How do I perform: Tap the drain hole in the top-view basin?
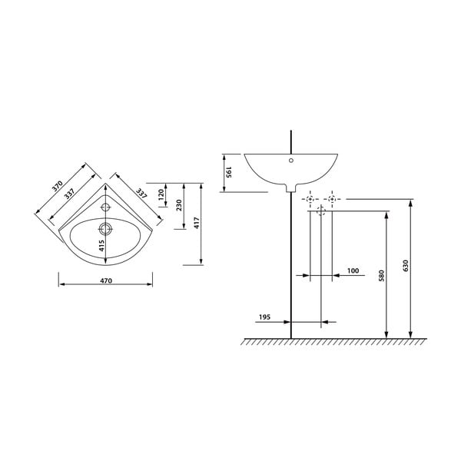point(106,227)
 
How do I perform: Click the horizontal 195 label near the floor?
point(264,316)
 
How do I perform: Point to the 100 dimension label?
point(353,270)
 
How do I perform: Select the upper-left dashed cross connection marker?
point(310,200)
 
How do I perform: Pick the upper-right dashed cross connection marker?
point(332,200)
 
